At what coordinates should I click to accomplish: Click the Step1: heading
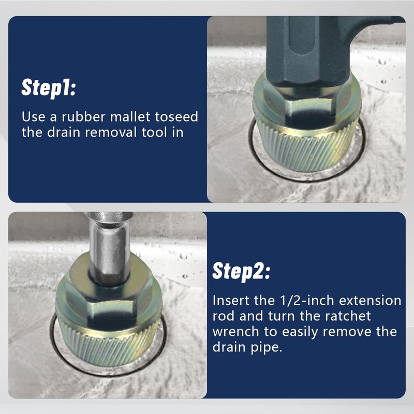tap(49, 87)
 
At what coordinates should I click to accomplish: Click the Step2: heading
tap(241, 271)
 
